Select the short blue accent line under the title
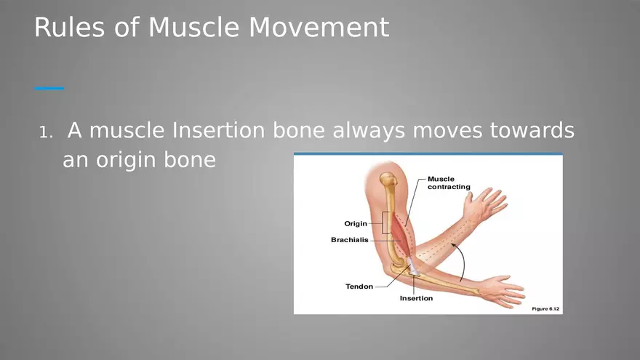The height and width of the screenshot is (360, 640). [x=49, y=88]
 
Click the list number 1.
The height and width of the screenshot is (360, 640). [x=45, y=133]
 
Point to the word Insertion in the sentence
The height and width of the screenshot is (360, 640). [x=219, y=131]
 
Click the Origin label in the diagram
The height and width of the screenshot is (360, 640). [x=355, y=223]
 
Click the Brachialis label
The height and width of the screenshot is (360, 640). [x=349, y=239]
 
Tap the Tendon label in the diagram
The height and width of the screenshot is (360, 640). [x=359, y=287]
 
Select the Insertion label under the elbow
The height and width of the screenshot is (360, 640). [x=416, y=298]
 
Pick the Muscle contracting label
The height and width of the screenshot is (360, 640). [x=448, y=183]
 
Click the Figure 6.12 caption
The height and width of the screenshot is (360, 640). [x=545, y=309]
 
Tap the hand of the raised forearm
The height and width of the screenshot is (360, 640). [x=485, y=204]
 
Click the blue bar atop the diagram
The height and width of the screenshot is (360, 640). [x=428, y=154]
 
